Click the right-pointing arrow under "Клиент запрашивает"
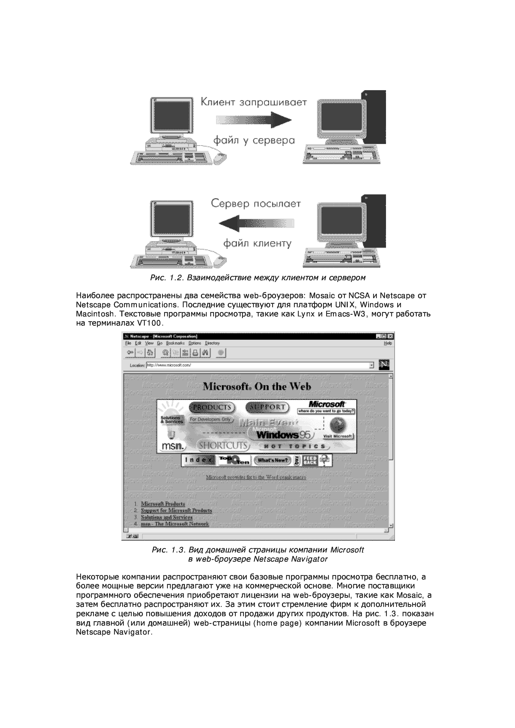[254, 120]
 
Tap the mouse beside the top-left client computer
[220, 158]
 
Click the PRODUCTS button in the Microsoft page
[212, 407]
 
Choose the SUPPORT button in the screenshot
[267, 407]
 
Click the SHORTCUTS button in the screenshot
[223, 445]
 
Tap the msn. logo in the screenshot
[173, 446]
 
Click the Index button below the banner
[198, 460]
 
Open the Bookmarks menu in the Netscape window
[175, 343]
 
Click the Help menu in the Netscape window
[387, 343]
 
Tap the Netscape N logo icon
[384, 365]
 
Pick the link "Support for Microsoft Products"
[176, 510]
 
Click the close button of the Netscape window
[390, 336]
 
